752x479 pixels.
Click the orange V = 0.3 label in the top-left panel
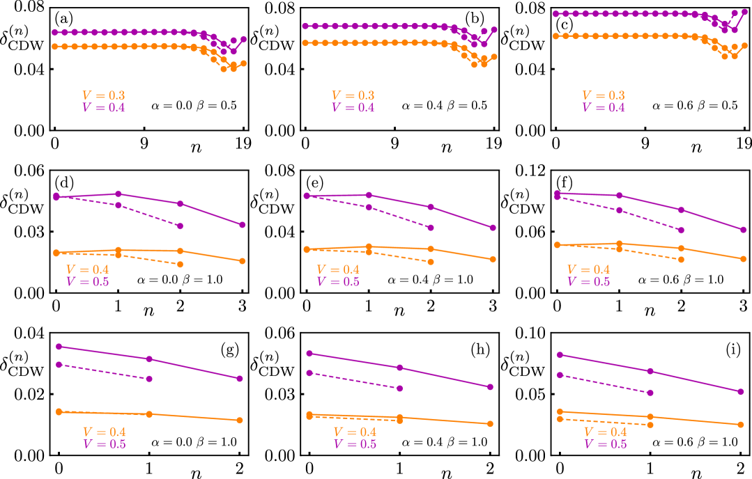pos(103,96)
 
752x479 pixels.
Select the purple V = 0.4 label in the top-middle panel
pos(353,108)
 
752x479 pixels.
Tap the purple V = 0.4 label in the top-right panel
pos(604,108)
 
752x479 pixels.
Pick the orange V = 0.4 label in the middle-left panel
pos(87,270)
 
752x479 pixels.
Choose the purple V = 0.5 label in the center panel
pos(338,282)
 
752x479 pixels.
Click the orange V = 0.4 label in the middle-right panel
pos(588,270)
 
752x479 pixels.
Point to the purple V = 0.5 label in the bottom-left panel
pos(105,444)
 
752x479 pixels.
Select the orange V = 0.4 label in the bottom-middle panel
pos(355,432)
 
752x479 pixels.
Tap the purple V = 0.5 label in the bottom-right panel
pos(605,444)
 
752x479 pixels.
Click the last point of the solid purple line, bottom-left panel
pos(240,379)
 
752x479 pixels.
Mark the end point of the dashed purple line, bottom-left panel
pos(149,379)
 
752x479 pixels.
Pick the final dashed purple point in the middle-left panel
pos(180,226)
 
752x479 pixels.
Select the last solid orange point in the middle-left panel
pos(243,261)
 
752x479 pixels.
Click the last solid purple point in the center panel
pos(493,228)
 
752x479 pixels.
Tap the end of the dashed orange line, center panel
pos(431,262)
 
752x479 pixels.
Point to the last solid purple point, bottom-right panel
pos(740,391)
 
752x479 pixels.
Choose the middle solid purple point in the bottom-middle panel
pos(399,368)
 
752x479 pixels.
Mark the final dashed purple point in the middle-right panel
pos(681,230)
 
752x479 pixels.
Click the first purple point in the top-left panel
pos(55,33)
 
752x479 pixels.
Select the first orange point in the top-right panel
pos(556,36)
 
